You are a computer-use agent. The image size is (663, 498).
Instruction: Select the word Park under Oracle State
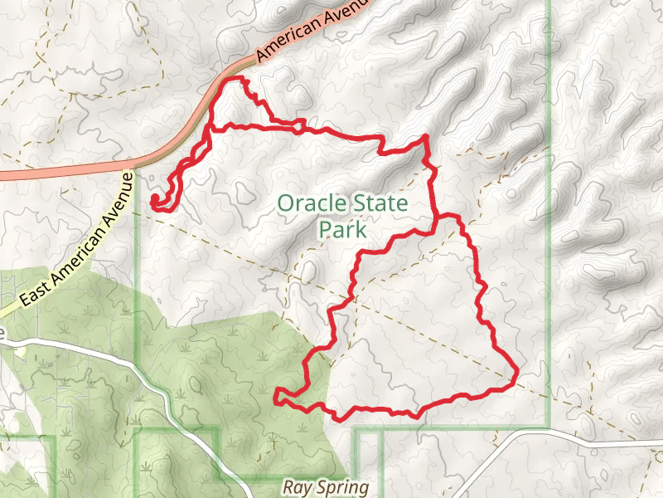343,229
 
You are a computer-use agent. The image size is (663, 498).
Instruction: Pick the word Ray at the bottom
295,488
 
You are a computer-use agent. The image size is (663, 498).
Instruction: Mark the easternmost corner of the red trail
516,375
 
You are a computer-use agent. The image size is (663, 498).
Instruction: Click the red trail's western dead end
153,199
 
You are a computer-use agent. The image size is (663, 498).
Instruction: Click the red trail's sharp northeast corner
425,136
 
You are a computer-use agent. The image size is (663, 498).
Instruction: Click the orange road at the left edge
3,175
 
